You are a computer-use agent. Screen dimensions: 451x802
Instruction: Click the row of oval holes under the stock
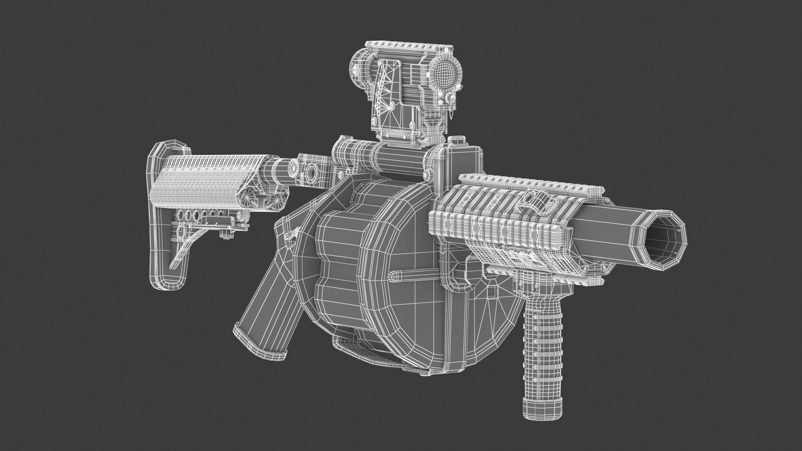[197, 218]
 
